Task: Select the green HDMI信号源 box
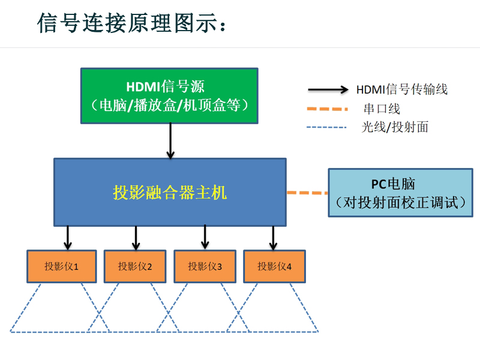coord(170,96)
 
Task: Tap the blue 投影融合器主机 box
coord(170,192)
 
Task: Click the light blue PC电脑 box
coord(401,193)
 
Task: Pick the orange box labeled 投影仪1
coord(61,266)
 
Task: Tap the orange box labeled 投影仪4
coord(274,266)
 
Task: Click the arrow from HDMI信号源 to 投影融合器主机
coord(170,140)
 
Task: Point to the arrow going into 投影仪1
coord(68,238)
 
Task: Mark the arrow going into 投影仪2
coord(136,238)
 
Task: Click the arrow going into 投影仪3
coord(205,237)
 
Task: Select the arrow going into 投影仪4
coord(274,238)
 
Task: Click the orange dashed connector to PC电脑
coord(307,193)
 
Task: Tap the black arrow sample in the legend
coord(328,90)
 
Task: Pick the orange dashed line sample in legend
coord(327,109)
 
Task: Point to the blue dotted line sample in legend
coord(326,127)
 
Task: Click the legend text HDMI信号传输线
coord(402,90)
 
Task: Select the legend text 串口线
coord(382,109)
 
